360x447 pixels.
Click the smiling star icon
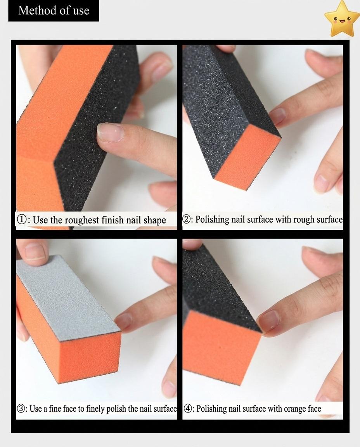click(342, 19)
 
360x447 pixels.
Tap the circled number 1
click(22, 220)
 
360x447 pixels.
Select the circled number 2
click(187, 219)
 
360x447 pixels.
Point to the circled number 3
click(21, 409)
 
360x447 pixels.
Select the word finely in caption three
click(95, 409)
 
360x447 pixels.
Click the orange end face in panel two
click(248, 156)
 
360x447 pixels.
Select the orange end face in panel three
click(90, 357)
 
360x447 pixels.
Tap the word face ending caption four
click(314, 409)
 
